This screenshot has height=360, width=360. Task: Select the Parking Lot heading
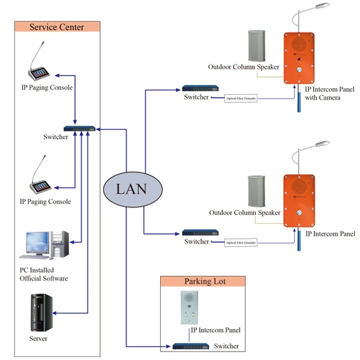[202, 281]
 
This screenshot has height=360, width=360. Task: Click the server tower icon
[41, 312]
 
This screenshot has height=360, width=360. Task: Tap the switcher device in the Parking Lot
[190, 346]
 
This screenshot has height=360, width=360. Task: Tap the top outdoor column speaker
[257, 46]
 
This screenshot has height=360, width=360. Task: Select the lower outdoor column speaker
[257, 191]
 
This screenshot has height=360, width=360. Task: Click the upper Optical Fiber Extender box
[241, 98]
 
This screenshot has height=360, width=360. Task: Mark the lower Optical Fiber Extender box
[241, 242]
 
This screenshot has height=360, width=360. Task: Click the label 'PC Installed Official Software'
[44, 274]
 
